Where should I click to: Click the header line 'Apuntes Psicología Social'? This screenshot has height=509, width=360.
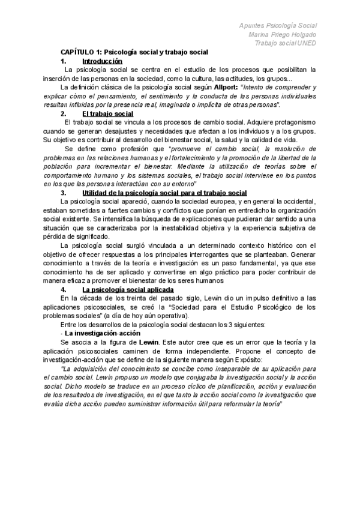[x=278, y=25]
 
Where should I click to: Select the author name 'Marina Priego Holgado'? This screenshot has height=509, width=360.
[x=281, y=34]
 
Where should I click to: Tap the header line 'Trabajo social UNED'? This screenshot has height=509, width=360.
[x=284, y=43]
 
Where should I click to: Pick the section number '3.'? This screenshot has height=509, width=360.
[x=64, y=193]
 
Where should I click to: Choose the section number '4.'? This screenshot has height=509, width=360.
[x=64, y=289]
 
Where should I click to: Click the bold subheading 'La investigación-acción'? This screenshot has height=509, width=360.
[x=103, y=333]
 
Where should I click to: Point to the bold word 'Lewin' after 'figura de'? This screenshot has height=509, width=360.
[x=148, y=342]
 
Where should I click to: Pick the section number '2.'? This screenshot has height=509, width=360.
[x=64, y=113]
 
